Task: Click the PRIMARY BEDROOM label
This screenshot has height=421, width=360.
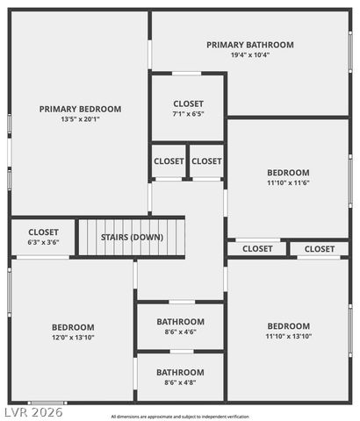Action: (x=80, y=109)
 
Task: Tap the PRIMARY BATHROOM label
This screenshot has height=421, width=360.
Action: (x=250, y=44)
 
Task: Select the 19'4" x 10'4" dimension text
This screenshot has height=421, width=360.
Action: (x=250, y=54)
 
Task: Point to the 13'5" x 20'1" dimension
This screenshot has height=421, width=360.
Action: (x=80, y=119)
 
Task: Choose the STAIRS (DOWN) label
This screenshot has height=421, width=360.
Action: (x=132, y=237)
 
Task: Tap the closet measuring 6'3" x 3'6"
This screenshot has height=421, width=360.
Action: (x=43, y=237)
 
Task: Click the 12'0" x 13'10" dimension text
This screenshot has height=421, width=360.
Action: (x=73, y=337)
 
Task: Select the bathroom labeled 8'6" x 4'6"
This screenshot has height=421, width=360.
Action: (x=180, y=326)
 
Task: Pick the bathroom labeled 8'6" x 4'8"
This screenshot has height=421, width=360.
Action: (x=180, y=376)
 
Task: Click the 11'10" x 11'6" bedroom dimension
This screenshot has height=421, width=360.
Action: (x=288, y=183)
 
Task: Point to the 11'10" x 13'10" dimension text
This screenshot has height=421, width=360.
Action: (x=288, y=336)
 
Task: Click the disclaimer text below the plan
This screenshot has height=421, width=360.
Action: (x=180, y=416)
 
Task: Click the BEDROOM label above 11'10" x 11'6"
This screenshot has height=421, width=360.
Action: (x=288, y=173)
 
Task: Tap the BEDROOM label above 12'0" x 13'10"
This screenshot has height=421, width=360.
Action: (x=73, y=327)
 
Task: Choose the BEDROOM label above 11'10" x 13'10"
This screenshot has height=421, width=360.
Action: (x=288, y=325)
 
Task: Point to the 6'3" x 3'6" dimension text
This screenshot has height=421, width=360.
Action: (x=43, y=242)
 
